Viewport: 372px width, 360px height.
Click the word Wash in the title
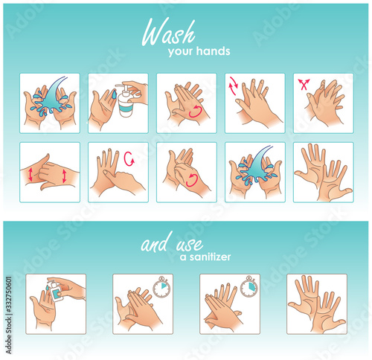pos(169,32)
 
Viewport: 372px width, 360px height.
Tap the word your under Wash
pos(180,52)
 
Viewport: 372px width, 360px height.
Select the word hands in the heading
pos(214,51)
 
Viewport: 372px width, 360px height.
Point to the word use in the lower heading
pos(190,245)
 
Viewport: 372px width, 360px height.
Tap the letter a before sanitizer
pos(183,257)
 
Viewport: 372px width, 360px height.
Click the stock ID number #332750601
pos(8,295)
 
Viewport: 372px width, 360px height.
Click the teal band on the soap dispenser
pos(126,108)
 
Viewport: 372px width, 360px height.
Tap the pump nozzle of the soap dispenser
pos(121,86)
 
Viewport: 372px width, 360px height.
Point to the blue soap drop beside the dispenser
pos(114,94)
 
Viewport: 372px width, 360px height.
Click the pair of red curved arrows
pos(233,86)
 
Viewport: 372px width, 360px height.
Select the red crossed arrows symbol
pos(304,84)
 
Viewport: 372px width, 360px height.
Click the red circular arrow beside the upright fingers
pos(129,159)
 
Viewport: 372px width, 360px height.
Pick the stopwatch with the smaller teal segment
pos(161,287)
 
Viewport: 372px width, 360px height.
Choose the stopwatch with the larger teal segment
pos(249,287)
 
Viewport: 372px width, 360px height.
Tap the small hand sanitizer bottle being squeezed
pos(55,291)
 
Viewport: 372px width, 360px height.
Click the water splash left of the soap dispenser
pos(51,98)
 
